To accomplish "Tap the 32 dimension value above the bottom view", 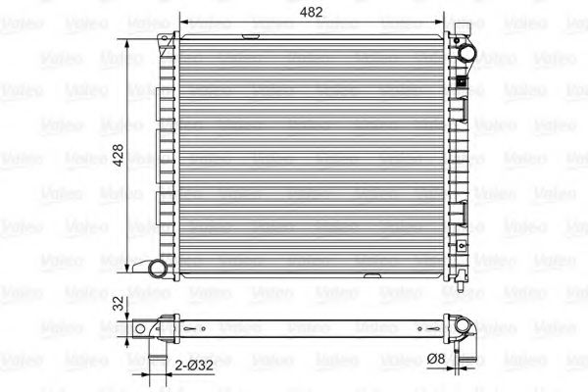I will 117,304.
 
